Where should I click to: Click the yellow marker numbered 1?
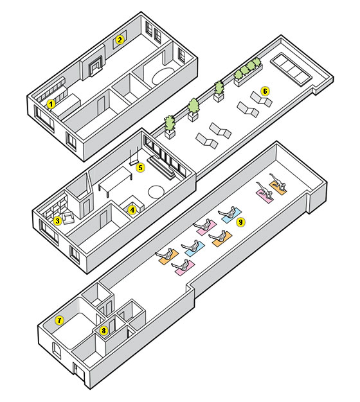coord(51,104)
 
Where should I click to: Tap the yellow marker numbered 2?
coord(120,40)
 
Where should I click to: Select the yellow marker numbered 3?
coord(57,220)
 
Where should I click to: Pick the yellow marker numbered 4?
coord(132,210)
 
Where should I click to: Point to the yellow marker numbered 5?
coord(140,168)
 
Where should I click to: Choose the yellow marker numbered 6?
coord(265,91)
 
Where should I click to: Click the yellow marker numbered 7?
coord(59,320)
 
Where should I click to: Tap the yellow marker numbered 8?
coord(104,331)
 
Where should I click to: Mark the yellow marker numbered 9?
coord(240,222)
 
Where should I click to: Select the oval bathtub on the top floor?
coord(163,75)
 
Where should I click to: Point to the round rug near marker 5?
coord(156,192)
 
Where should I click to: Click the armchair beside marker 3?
coord(67,218)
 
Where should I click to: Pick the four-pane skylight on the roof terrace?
coord(291,69)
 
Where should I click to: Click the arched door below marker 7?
coord(57,351)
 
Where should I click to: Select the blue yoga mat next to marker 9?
coord(231,215)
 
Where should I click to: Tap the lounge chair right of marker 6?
coord(261,100)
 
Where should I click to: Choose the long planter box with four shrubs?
coord(248,72)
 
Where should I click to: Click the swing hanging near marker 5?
coord(134,156)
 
